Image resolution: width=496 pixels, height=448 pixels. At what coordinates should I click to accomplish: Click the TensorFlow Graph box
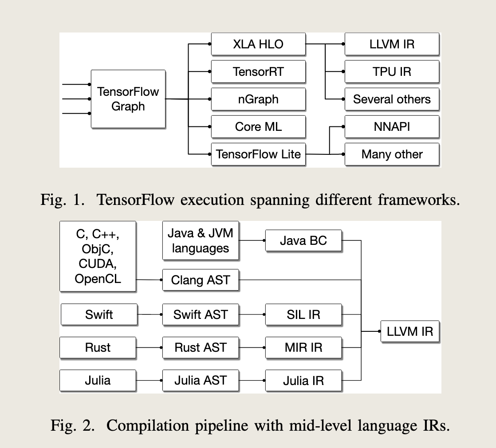click(x=128, y=99)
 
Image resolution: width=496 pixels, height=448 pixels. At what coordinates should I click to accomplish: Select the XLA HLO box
click(x=258, y=44)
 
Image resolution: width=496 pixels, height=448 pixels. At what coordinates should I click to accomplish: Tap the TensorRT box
click(x=258, y=71)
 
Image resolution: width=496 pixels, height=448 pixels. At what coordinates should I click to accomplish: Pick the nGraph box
click(x=258, y=99)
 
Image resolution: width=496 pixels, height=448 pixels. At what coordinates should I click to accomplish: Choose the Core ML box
click(x=258, y=127)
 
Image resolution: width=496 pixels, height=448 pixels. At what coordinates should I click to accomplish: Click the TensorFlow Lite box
click(x=258, y=154)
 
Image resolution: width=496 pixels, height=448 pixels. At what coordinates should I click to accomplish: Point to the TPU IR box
click(x=392, y=71)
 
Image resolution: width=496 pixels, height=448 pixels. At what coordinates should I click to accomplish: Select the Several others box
click(x=392, y=99)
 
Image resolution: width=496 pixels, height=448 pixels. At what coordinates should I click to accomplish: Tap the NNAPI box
click(x=392, y=127)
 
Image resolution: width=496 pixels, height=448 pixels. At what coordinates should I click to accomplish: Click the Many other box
click(x=392, y=154)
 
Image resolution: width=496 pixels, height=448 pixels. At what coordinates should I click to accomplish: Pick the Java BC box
click(x=303, y=240)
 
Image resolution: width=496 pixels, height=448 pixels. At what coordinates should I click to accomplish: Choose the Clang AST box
click(x=201, y=280)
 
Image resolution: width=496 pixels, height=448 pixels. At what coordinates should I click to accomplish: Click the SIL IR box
click(x=303, y=314)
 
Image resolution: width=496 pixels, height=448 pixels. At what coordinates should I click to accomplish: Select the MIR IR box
click(x=303, y=347)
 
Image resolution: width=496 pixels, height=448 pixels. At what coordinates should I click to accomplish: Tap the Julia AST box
click(x=201, y=380)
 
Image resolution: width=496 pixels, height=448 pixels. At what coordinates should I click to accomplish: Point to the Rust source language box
click(x=98, y=347)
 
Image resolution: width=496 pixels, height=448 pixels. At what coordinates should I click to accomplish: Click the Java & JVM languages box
click(x=201, y=240)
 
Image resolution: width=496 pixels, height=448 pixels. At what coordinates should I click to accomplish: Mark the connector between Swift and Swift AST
click(x=149, y=314)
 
